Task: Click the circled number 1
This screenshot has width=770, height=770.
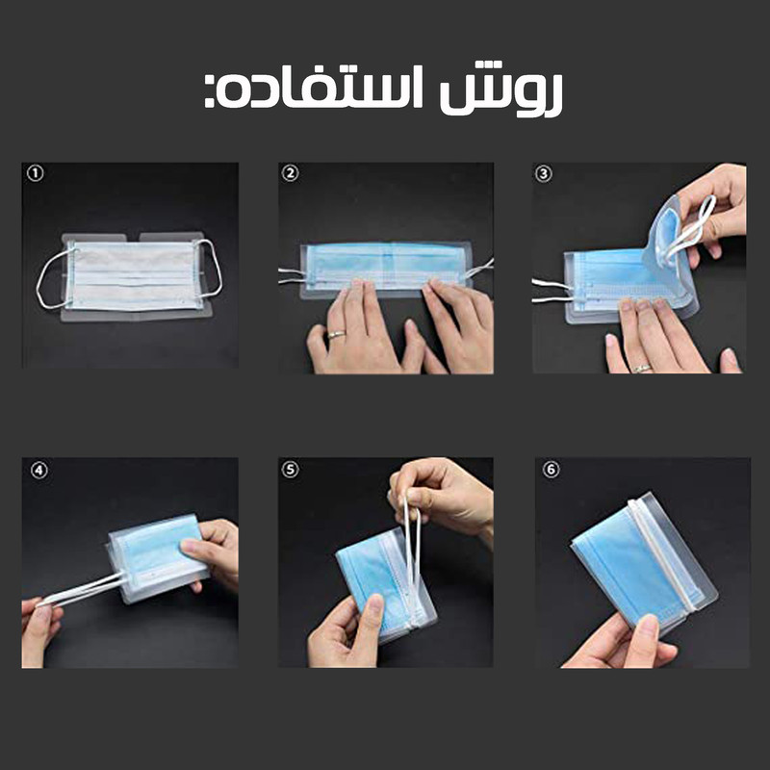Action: click(36, 174)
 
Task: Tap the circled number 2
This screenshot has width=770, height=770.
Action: click(291, 174)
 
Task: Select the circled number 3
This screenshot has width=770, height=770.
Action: click(545, 174)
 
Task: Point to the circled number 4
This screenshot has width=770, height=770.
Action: click(36, 471)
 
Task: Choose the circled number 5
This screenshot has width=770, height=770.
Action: click(291, 471)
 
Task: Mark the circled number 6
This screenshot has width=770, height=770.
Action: click(551, 471)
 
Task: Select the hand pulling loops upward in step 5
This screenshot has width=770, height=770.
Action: click(443, 496)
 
